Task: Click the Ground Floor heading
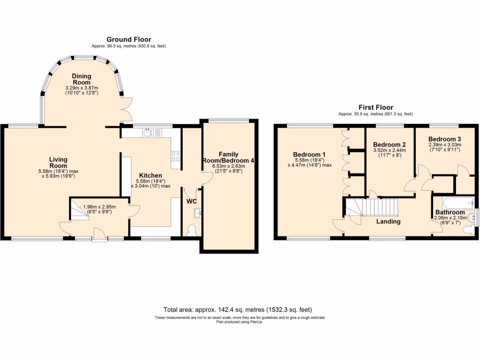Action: coord(129,39)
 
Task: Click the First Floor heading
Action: coord(376,107)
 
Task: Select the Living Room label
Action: coord(58,162)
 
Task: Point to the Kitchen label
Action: coord(150,175)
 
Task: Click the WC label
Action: coord(192,201)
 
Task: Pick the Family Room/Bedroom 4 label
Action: coord(229,157)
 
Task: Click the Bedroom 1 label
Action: coord(309,155)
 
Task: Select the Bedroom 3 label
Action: coord(444,139)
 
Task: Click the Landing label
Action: coord(389,221)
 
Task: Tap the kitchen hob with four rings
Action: coord(176,156)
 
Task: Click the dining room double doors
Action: coord(125,109)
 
